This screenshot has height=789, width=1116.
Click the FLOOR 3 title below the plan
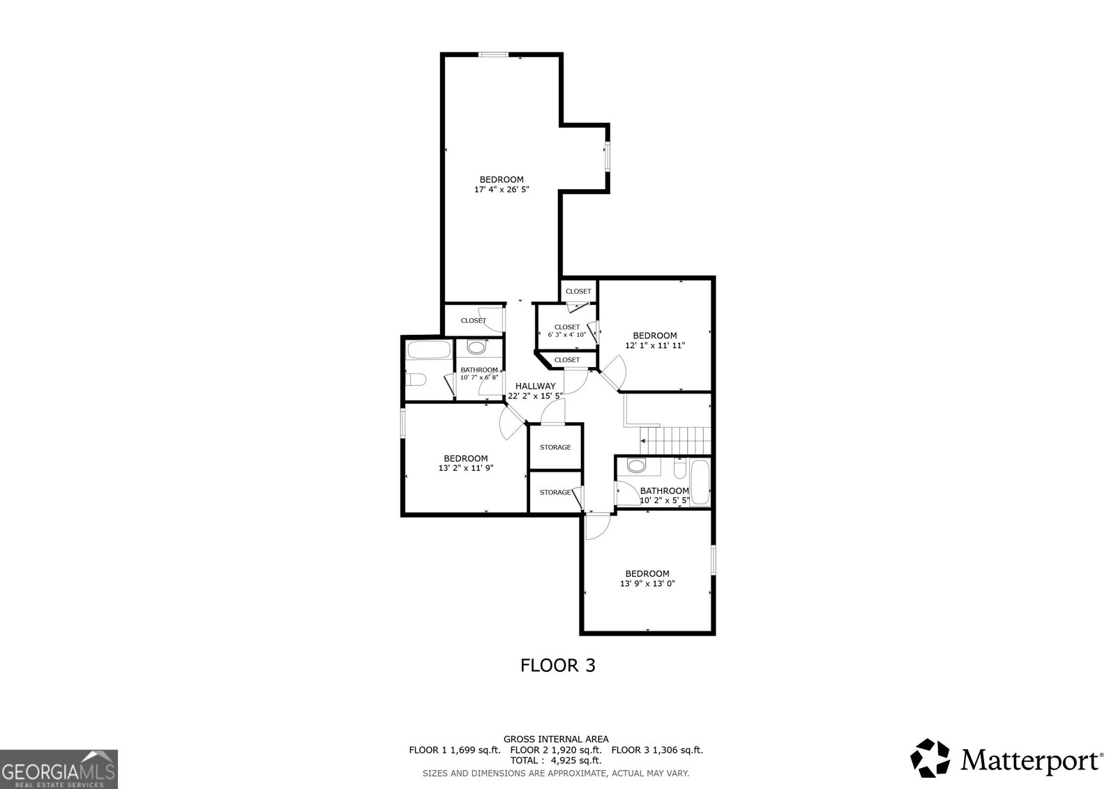[x=557, y=666]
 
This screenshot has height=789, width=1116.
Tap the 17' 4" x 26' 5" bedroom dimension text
[x=501, y=189]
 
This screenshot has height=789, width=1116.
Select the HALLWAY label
[x=535, y=386]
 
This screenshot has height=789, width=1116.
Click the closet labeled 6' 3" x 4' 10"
[x=566, y=331]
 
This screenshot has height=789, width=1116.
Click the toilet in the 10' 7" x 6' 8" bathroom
[x=416, y=380]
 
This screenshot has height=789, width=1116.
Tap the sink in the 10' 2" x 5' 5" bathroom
[x=636, y=465]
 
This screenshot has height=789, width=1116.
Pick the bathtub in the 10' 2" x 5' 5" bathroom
[x=700, y=482]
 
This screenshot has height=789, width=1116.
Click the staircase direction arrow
[x=642, y=441]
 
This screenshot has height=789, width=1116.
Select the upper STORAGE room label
[x=555, y=447]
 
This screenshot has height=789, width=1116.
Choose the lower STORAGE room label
[x=555, y=493]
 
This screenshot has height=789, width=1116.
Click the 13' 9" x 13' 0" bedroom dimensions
[x=647, y=584]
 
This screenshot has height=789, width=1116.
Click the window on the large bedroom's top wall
[x=493, y=54]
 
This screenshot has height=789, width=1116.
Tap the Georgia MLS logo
[x=59, y=769]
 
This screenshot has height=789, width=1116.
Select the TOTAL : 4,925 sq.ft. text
[x=555, y=760]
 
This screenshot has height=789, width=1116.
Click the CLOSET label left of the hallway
[x=473, y=321]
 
